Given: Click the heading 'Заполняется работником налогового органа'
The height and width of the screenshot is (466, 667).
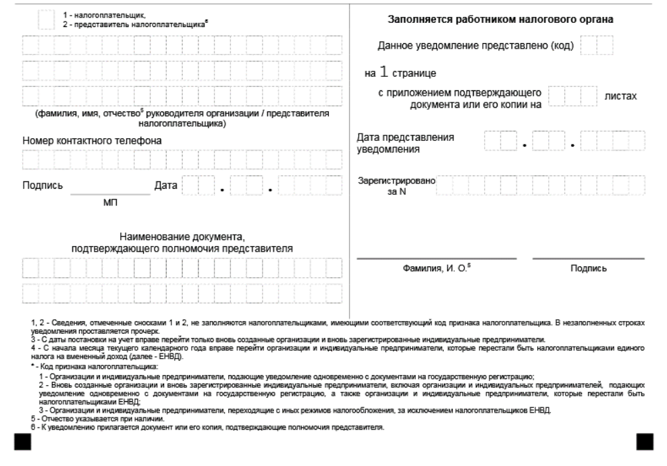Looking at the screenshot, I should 500,20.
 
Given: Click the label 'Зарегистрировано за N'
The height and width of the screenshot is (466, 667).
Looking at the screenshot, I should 396,186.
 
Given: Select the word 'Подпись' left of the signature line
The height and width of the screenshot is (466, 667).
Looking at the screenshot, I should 43,185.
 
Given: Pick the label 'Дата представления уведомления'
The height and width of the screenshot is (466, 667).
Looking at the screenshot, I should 405,143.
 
